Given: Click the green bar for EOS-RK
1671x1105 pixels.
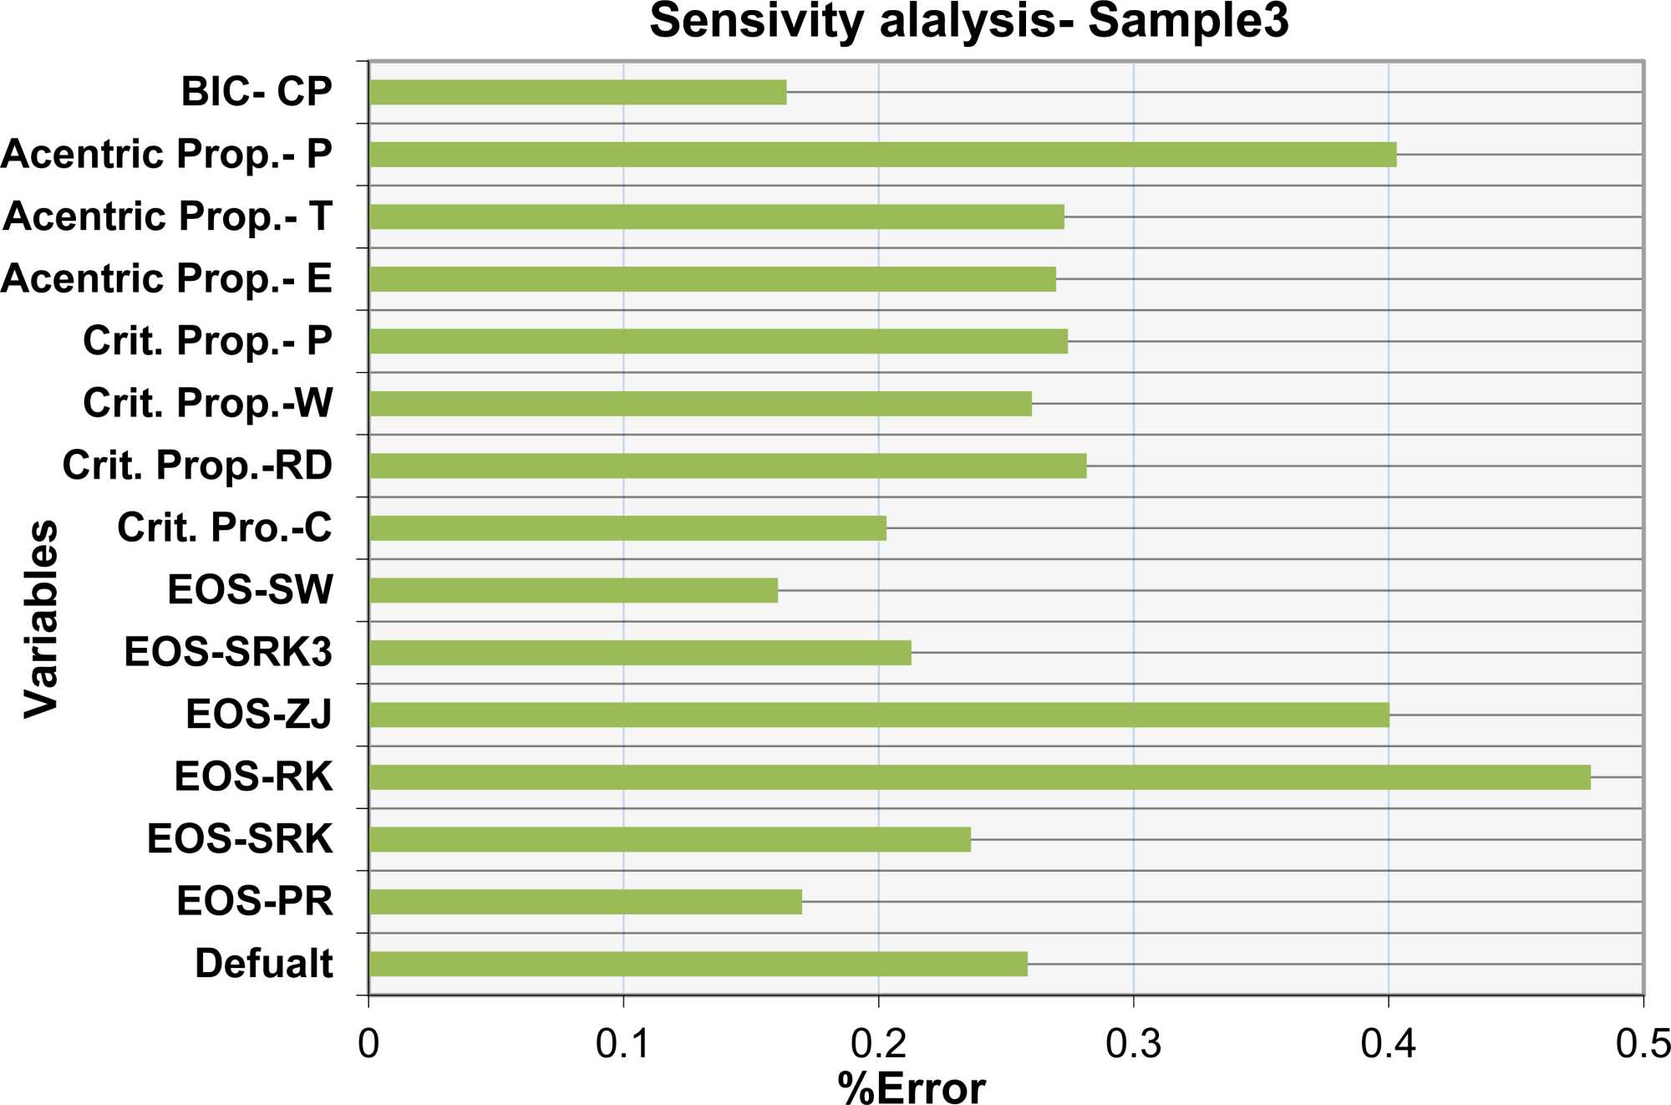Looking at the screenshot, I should pyautogui.click(x=979, y=777).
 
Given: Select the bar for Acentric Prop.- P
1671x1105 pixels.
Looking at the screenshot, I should pyautogui.click(x=882, y=155).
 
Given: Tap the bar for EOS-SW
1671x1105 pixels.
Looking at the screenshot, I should pyautogui.click(x=573, y=590).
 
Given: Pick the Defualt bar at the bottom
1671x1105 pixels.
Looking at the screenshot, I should pyautogui.click(x=698, y=964).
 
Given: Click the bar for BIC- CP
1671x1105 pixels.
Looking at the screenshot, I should pyautogui.click(x=577, y=92).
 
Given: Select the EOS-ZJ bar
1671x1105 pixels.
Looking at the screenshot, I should pyautogui.click(x=878, y=715).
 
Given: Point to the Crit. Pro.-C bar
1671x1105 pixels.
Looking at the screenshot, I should pyautogui.click(x=627, y=528).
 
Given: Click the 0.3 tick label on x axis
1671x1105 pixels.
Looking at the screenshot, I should pyautogui.click(x=1133, y=1044).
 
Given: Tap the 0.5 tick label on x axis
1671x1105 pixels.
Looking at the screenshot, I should pyautogui.click(x=1643, y=1044).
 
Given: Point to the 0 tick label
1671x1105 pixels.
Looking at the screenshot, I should pyautogui.click(x=368, y=1044).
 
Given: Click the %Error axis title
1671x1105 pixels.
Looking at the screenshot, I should pyautogui.click(x=911, y=1087).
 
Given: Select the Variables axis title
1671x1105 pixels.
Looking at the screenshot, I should pyautogui.click(x=40, y=619).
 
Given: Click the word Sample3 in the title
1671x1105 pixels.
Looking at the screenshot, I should pyautogui.click(x=1188, y=21).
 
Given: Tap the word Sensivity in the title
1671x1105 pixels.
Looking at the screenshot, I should pyautogui.click(x=756, y=21).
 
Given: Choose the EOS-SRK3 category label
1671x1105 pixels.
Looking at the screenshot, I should pyautogui.click(x=228, y=652).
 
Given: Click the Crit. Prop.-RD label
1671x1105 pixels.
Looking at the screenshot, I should pyautogui.click(x=197, y=466).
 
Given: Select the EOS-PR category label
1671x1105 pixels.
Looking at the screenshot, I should pyautogui.click(x=254, y=901).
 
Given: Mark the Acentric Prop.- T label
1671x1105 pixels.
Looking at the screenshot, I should pyautogui.click(x=167, y=216).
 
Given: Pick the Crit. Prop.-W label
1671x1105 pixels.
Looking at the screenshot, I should pyautogui.click(x=207, y=403).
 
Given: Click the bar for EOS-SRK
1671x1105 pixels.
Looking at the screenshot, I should pyautogui.click(x=669, y=839).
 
